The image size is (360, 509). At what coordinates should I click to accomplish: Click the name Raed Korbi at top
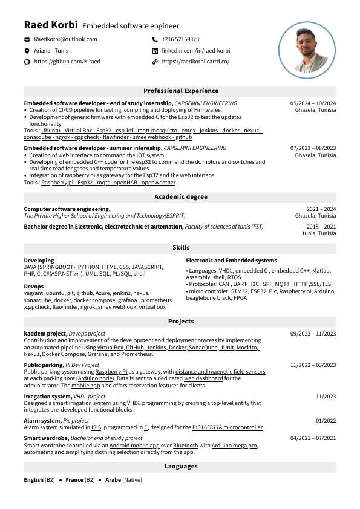tap(51, 25)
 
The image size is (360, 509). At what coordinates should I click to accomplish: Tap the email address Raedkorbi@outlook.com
tap(65, 39)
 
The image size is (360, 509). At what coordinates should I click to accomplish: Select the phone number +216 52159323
tap(180, 39)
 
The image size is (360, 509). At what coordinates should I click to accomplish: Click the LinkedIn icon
tap(155, 51)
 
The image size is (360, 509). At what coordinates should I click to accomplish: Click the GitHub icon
tap(27, 62)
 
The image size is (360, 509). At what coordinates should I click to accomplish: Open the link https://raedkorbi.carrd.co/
tap(195, 62)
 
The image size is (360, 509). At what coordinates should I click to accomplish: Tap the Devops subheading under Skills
tap(33, 287)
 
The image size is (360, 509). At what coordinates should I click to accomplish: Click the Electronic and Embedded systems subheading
tap(231, 261)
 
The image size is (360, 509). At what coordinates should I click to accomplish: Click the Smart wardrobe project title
tap(46, 438)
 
